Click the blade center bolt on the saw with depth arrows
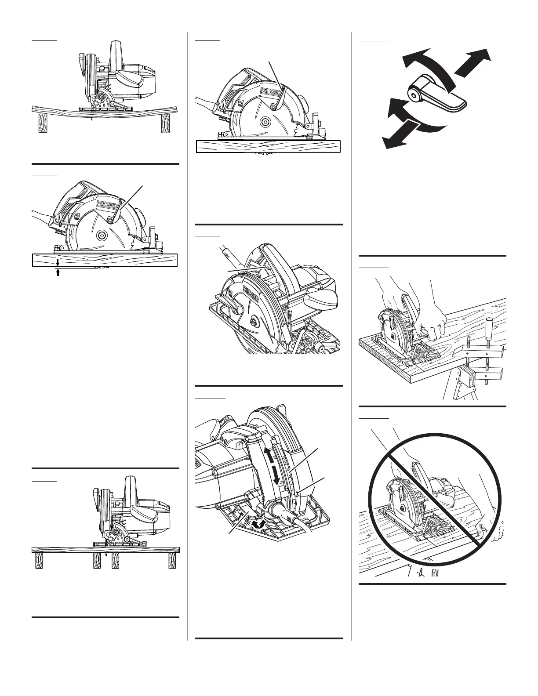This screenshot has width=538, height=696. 101,235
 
